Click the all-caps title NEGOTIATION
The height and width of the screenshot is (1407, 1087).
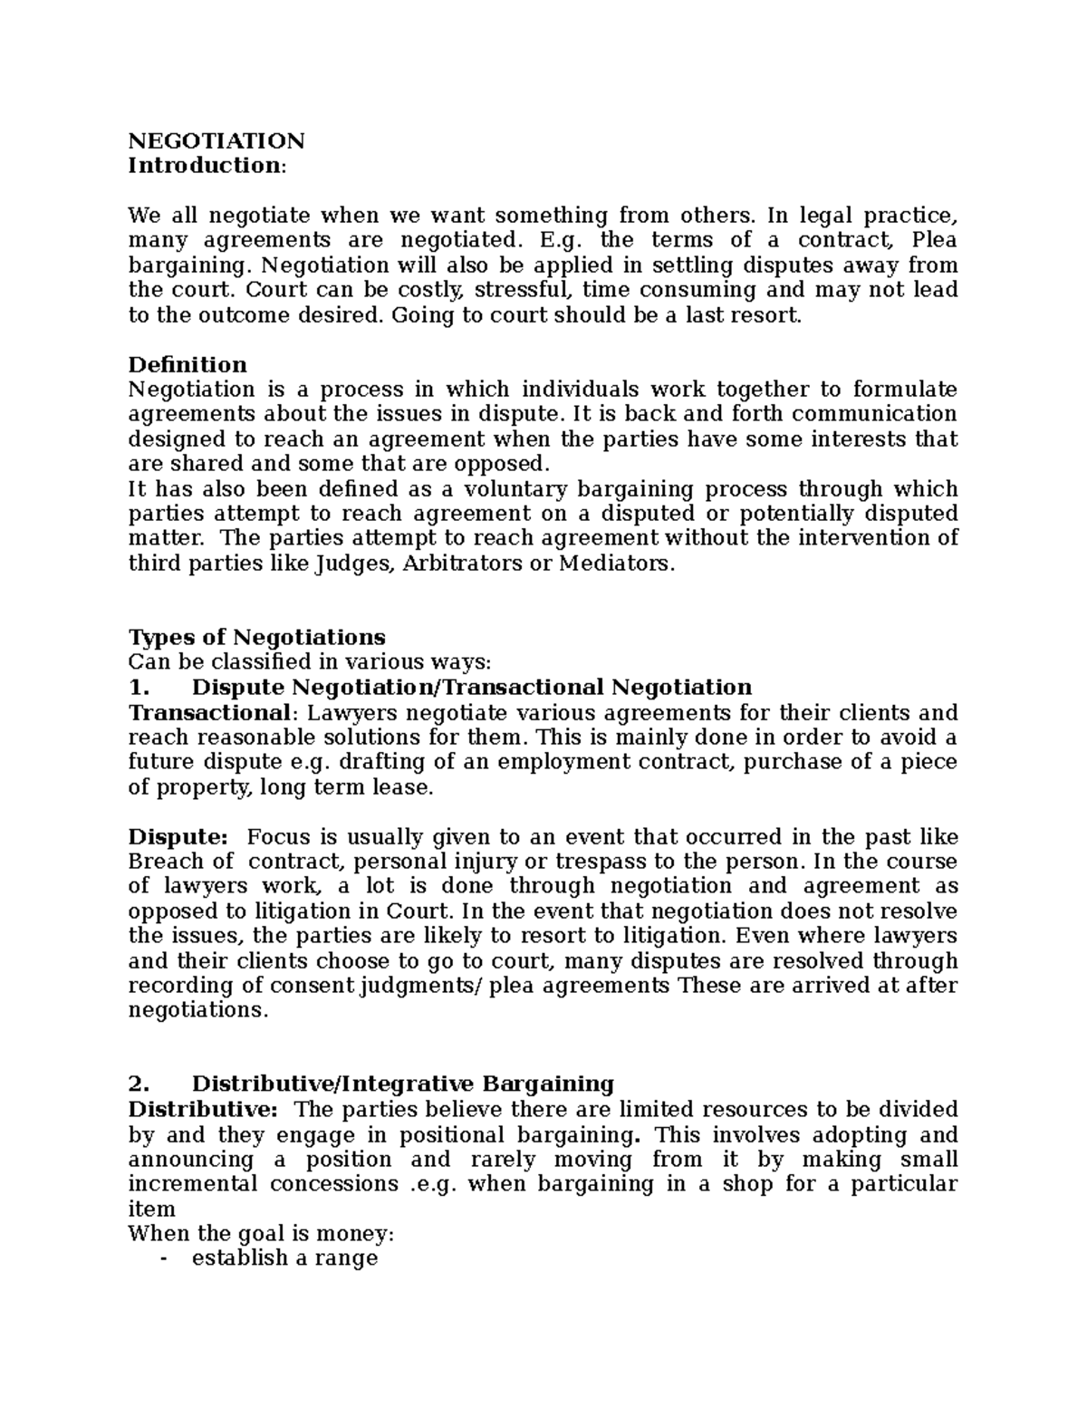pyautogui.click(x=216, y=140)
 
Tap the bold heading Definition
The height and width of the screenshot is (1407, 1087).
pyautogui.click(x=188, y=364)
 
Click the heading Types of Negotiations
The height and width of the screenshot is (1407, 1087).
pyautogui.click(x=257, y=637)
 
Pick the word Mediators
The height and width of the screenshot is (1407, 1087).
pyautogui.click(x=617, y=564)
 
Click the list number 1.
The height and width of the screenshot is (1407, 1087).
pyautogui.click(x=137, y=687)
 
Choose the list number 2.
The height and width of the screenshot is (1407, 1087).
pyautogui.click(x=137, y=1084)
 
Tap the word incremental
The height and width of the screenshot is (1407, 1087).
pyautogui.click(x=191, y=1184)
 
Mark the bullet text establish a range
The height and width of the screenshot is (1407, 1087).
pyautogui.click(x=284, y=1258)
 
